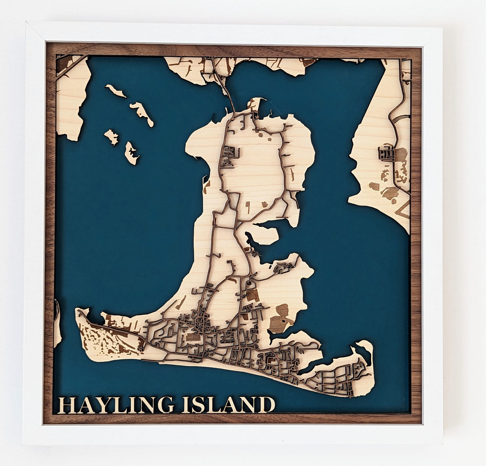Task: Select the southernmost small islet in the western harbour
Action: click(131, 153)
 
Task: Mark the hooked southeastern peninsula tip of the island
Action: click(365, 347)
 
